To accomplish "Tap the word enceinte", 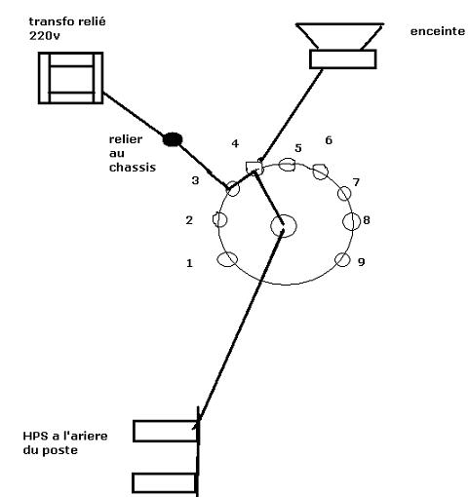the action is click(438, 31).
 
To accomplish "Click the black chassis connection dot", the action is click(173, 139).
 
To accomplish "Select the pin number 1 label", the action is click(189, 263).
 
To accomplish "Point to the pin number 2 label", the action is click(189, 220).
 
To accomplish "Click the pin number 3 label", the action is click(195, 180).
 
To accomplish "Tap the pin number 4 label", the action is click(235, 143).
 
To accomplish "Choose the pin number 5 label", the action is click(298, 148).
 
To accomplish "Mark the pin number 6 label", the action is click(329, 140).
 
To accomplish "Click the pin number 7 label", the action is click(356, 182).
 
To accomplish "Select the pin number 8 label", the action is click(367, 220).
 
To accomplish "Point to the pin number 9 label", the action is click(361, 262).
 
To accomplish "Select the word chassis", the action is click(133, 168).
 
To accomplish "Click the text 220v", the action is click(45, 36).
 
